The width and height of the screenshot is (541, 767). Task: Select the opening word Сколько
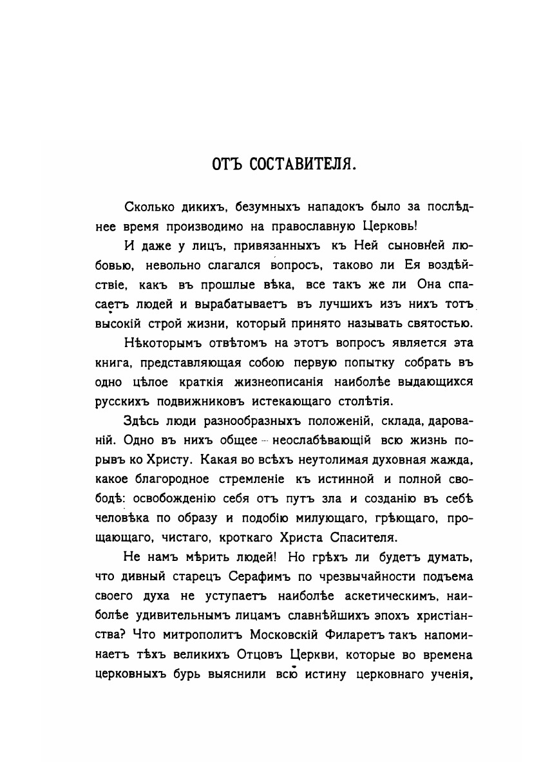click(147, 207)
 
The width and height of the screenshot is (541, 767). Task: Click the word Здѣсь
click(138, 422)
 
